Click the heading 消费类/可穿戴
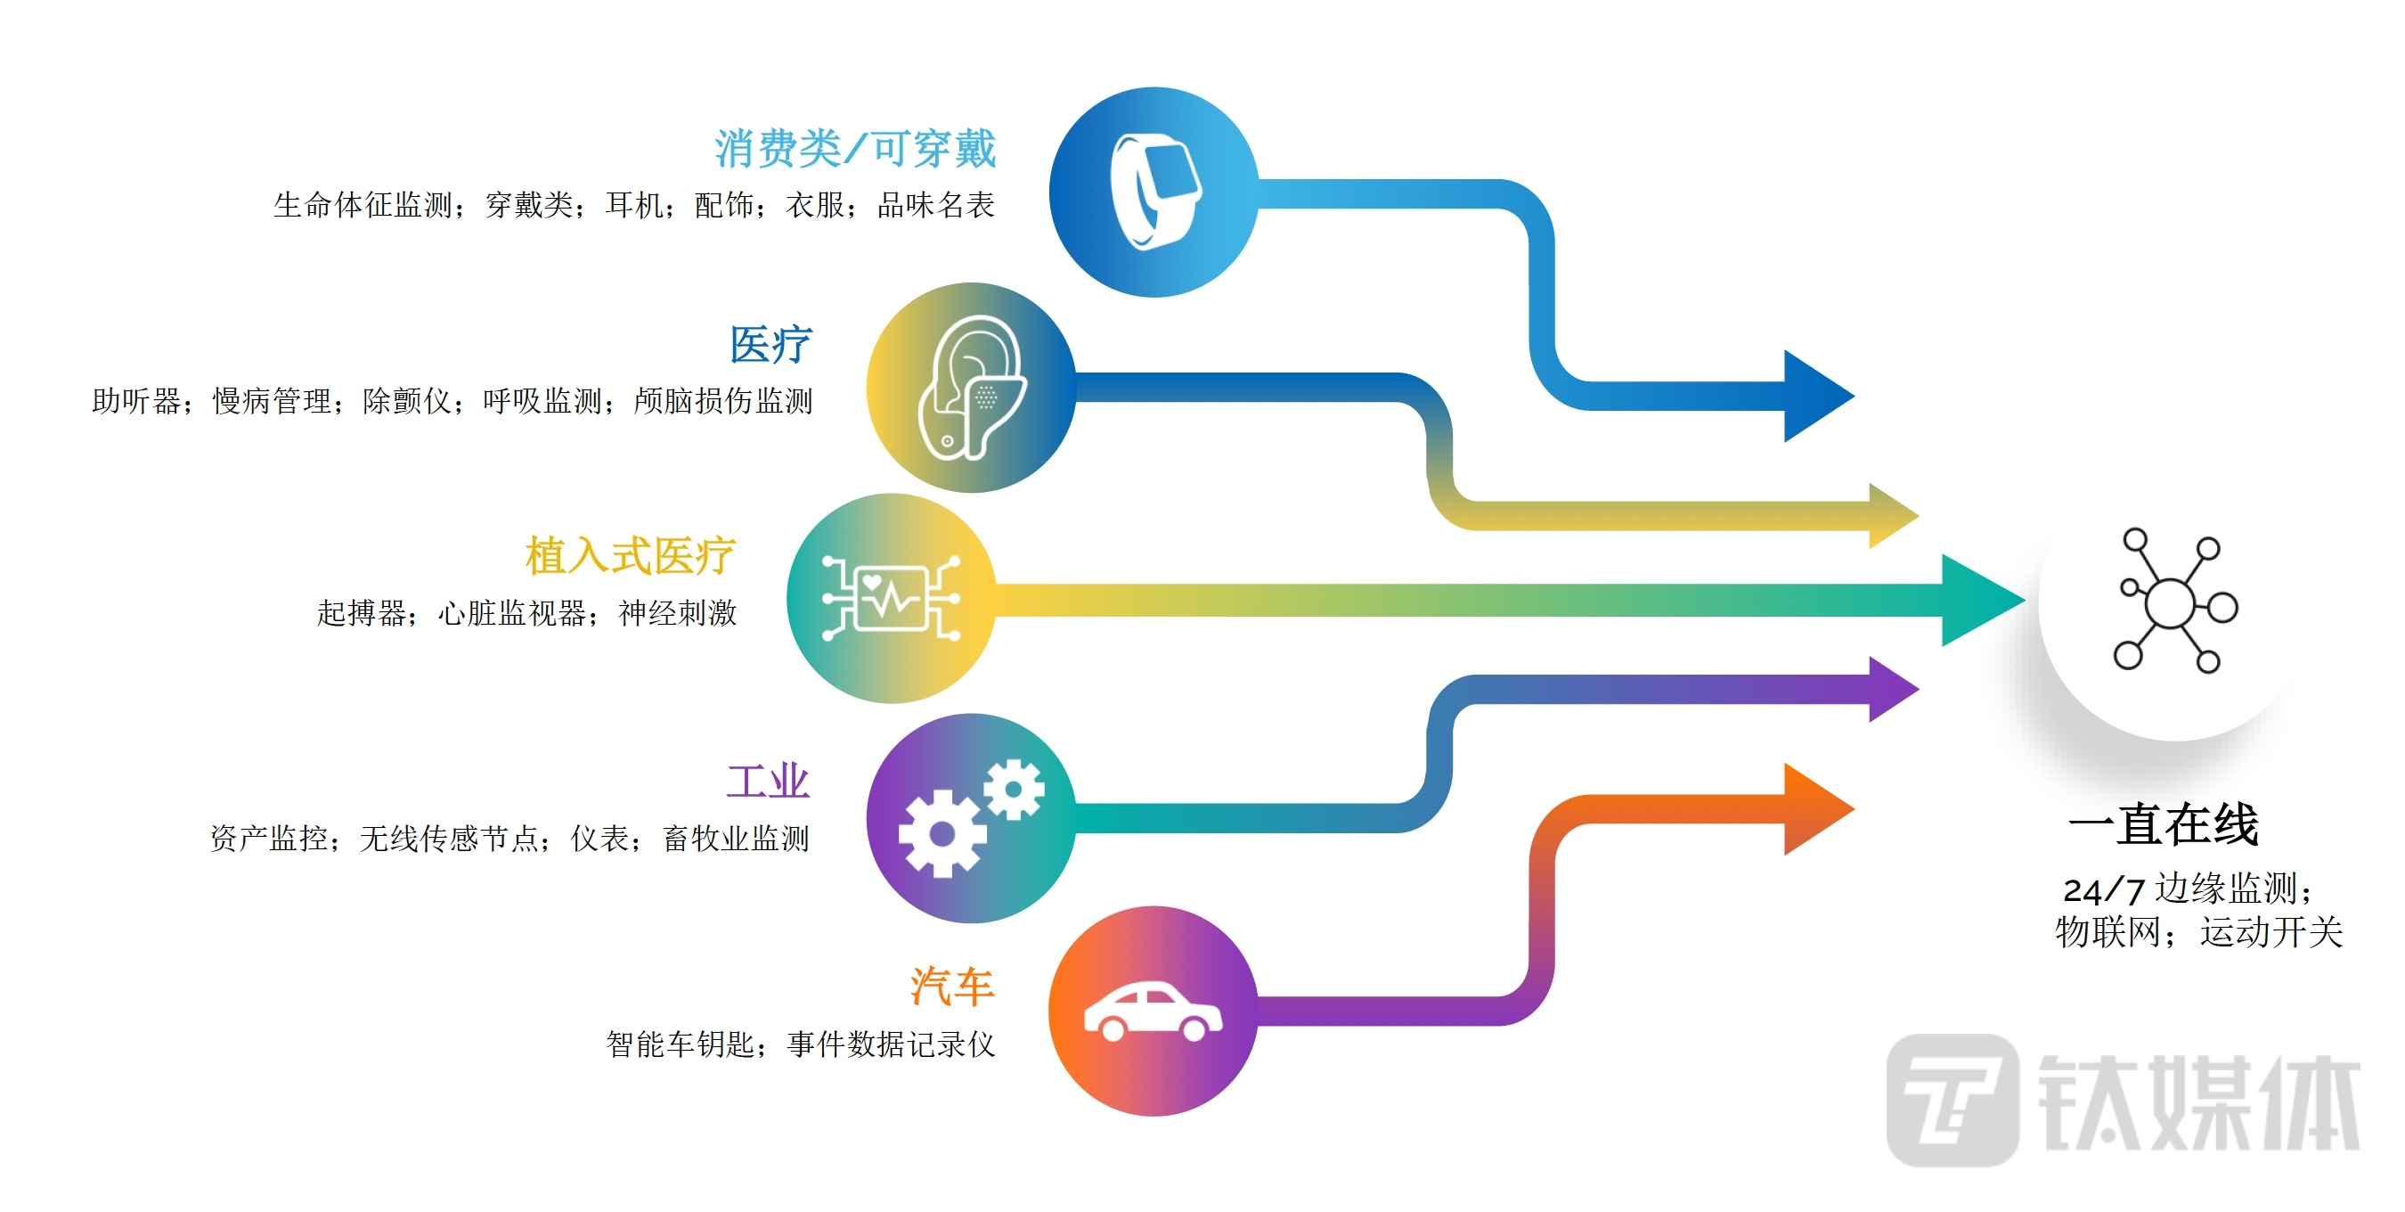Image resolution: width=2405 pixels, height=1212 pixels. [855, 150]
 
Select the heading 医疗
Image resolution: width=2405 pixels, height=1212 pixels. [770, 346]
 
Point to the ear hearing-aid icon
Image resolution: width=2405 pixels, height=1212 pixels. [971, 388]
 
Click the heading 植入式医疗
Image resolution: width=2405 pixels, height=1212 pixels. [630, 556]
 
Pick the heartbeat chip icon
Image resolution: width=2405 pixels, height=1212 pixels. [891, 598]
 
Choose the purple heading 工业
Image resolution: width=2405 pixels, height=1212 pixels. [768, 782]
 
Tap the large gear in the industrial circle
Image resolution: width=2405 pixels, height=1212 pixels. [942, 833]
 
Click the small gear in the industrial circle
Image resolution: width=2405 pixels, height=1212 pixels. [1013, 790]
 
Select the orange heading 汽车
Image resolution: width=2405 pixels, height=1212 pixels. [952, 987]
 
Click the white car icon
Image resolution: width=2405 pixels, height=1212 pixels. [1152, 1012]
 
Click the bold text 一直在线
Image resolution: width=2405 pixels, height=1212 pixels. [2164, 824]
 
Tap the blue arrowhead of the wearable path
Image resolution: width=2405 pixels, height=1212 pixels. [1815, 396]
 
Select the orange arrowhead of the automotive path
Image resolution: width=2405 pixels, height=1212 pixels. [1815, 808]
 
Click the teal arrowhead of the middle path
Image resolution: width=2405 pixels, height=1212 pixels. [1979, 600]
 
